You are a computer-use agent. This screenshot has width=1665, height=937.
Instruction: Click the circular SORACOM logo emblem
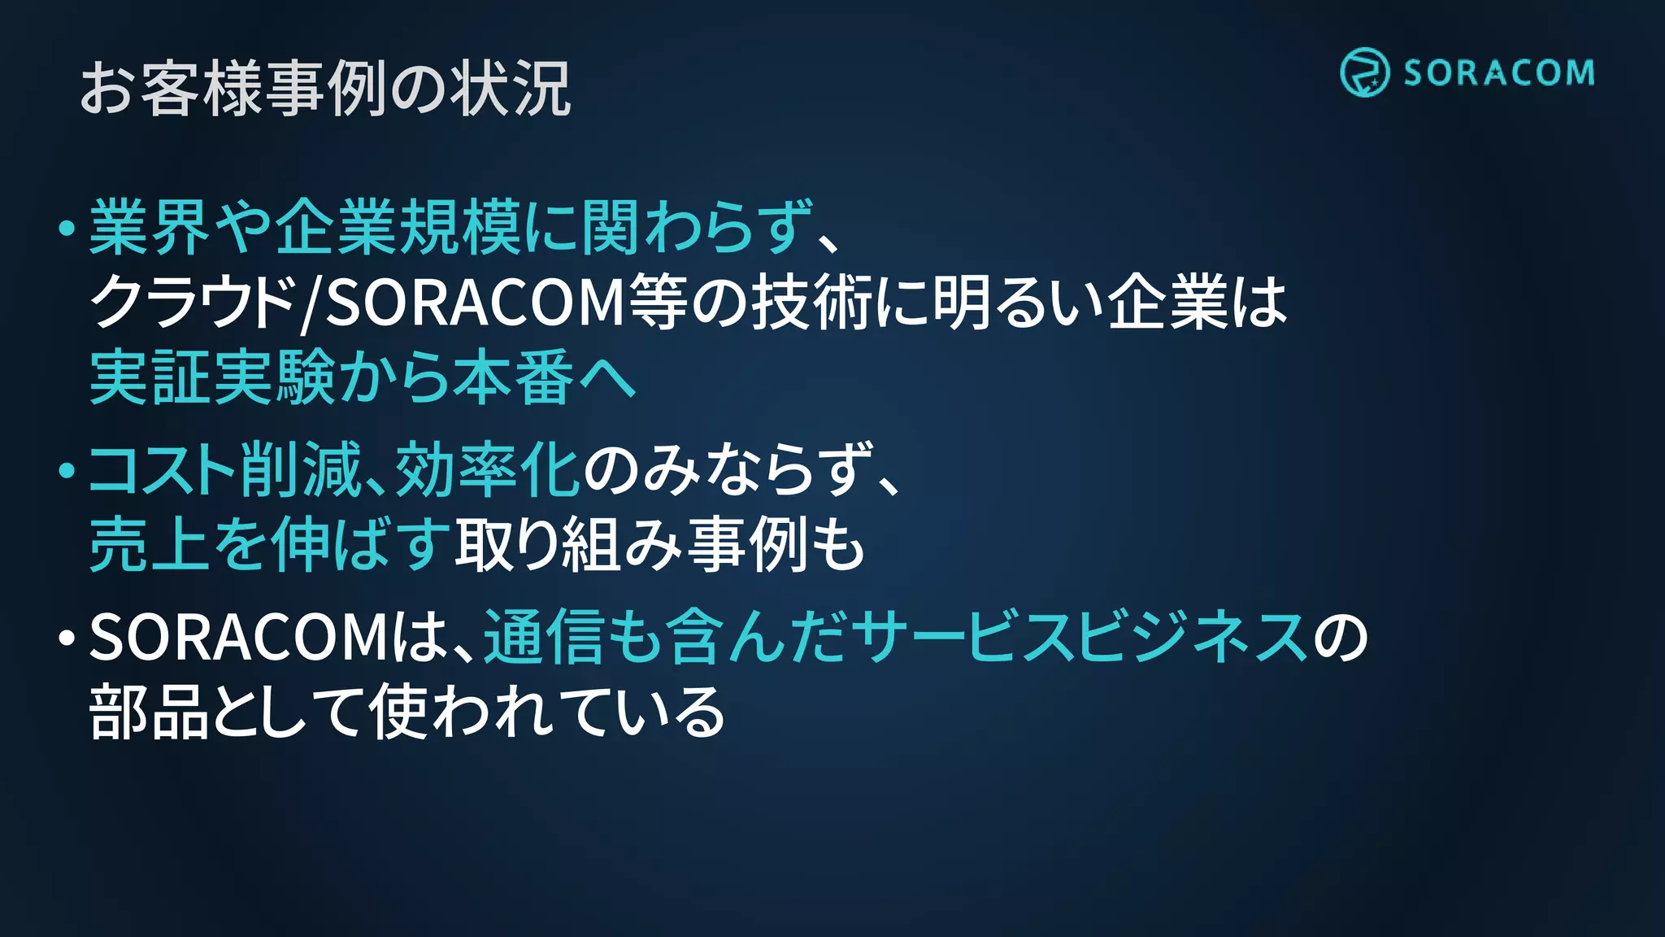(x=1364, y=72)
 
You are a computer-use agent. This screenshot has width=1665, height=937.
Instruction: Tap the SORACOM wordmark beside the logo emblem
(x=1498, y=73)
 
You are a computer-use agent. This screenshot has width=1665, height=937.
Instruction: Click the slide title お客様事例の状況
(x=325, y=88)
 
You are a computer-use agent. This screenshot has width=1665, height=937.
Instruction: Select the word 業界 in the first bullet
(x=150, y=228)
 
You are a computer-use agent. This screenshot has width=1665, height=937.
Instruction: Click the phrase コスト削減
(x=224, y=470)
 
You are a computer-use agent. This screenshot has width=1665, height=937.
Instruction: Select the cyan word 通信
(x=544, y=637)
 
